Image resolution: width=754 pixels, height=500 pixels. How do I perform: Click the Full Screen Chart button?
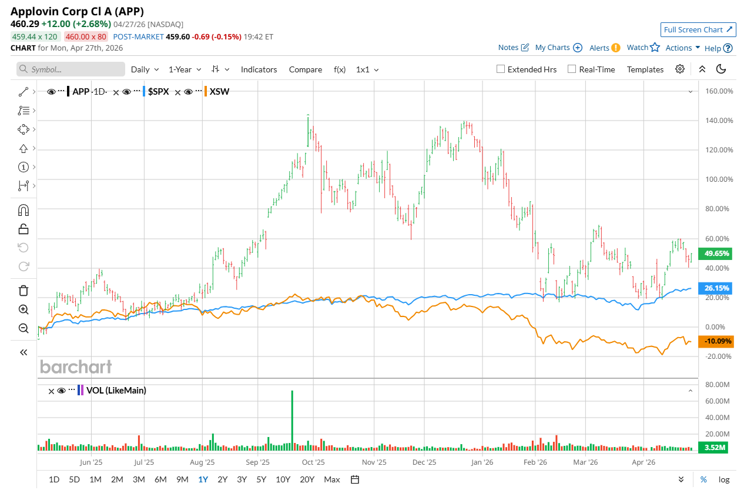(x=698, y=29)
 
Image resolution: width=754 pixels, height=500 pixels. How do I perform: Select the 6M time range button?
(x=160, y=479)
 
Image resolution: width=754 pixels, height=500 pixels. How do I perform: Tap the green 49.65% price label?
(x=715, y=254)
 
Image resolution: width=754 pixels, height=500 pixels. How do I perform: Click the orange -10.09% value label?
(x=715, y=341)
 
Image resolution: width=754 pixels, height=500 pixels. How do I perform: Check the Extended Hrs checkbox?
(x=501, y=69)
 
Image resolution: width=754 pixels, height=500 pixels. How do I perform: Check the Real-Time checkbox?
(x=572, y=69)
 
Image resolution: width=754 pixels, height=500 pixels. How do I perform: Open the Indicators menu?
(x=259, y=69)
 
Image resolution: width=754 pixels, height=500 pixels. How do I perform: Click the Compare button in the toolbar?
(x=305, y=69)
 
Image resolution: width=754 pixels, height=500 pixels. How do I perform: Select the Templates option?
(x=645, y=69)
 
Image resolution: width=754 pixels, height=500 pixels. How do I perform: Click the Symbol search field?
(x=71, y=69)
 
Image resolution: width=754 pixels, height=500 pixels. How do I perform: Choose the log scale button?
(x=723, y=479)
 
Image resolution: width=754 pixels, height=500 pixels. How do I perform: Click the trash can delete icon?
(x=24, y=290)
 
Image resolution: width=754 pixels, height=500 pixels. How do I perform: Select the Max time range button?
(x=331, y=479)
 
